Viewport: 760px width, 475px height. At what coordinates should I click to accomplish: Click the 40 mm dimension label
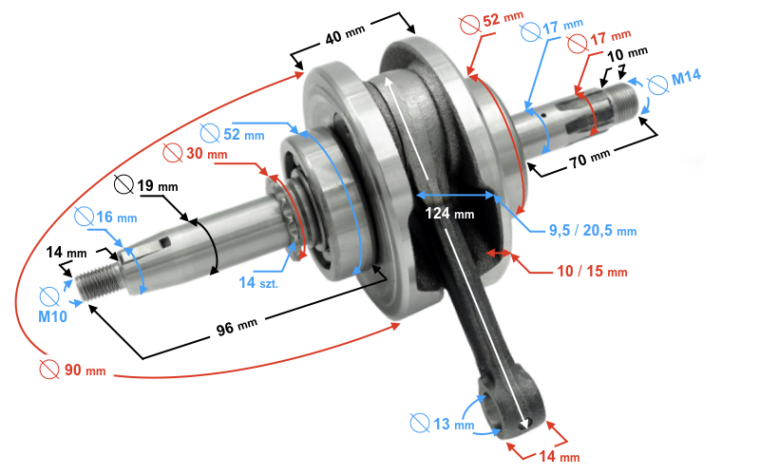click(345, 34)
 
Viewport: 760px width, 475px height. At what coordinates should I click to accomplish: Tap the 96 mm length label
click(237, 327)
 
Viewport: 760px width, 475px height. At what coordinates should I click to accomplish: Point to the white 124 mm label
click(449, 213)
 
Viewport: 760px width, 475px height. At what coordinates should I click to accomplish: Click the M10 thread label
click(53, 316)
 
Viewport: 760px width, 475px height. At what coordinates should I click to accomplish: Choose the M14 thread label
click(686, 77)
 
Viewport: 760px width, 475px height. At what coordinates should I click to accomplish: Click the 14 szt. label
click(258, 282)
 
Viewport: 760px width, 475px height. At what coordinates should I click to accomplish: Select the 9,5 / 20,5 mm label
click(592, 230)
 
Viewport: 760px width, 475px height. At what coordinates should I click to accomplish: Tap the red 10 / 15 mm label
click(592, 271)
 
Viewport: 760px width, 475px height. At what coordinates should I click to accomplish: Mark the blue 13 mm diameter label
click(453, 425)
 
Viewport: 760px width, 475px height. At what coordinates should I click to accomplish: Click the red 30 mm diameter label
click(206, 153)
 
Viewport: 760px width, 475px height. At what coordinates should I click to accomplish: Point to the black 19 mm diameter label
click(157, 185)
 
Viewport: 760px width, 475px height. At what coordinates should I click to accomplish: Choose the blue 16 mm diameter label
click(116, 218)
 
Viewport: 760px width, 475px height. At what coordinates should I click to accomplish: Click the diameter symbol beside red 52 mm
click(469, 25)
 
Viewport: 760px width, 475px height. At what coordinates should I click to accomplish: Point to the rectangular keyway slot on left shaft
click(165, 242)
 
